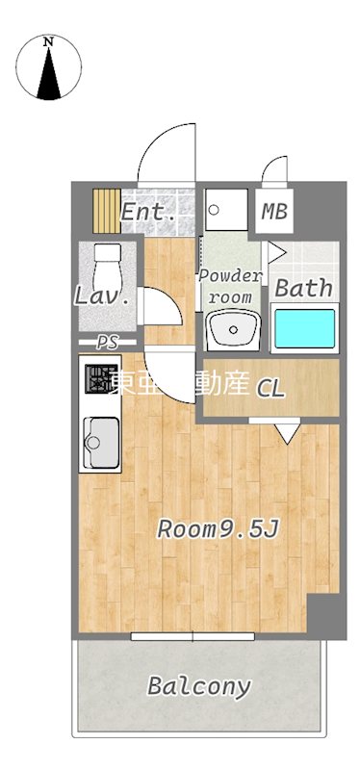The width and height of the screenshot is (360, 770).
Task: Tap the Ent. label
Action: coord(148,212)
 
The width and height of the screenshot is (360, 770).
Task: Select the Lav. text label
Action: coord(102,296)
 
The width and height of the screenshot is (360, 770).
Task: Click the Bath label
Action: coord(304,287)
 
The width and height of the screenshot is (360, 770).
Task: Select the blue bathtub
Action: coord(303,328)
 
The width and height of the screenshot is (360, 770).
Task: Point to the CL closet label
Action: coord(270,389)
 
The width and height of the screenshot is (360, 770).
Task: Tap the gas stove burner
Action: coord(98,380)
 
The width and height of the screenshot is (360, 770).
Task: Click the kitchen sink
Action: coord(99,443)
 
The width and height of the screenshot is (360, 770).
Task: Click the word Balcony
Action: coord(199,687)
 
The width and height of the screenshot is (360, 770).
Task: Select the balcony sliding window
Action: coord(193,635)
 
